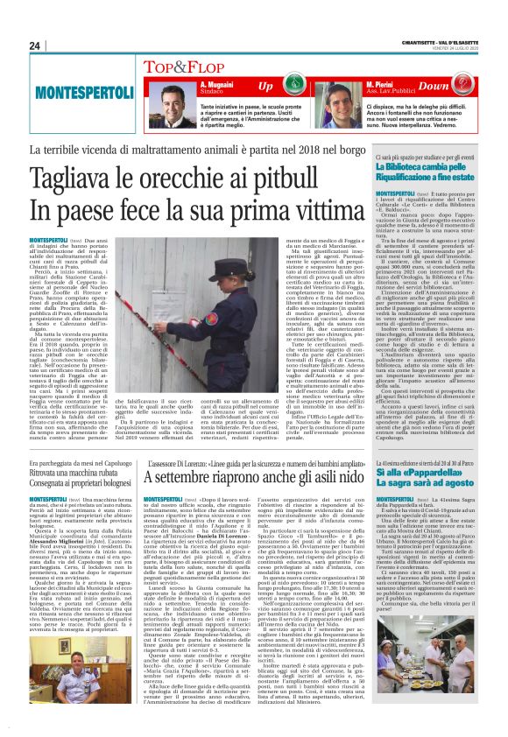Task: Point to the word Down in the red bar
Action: pyautogui.click(x=457, y=87)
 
